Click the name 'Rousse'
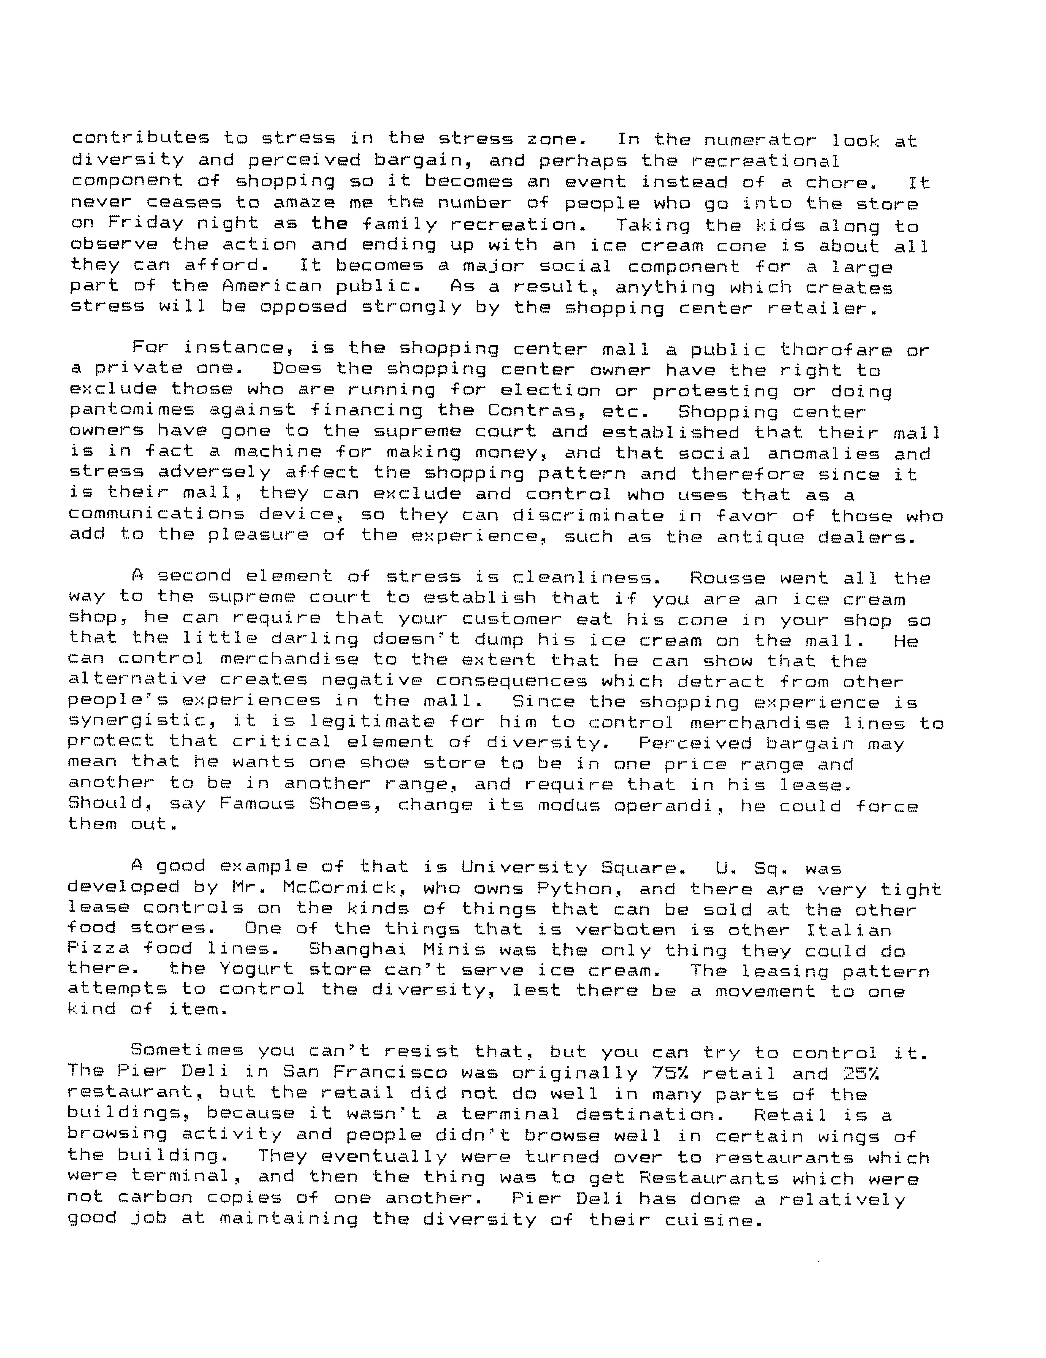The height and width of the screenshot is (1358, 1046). (728, 578)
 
